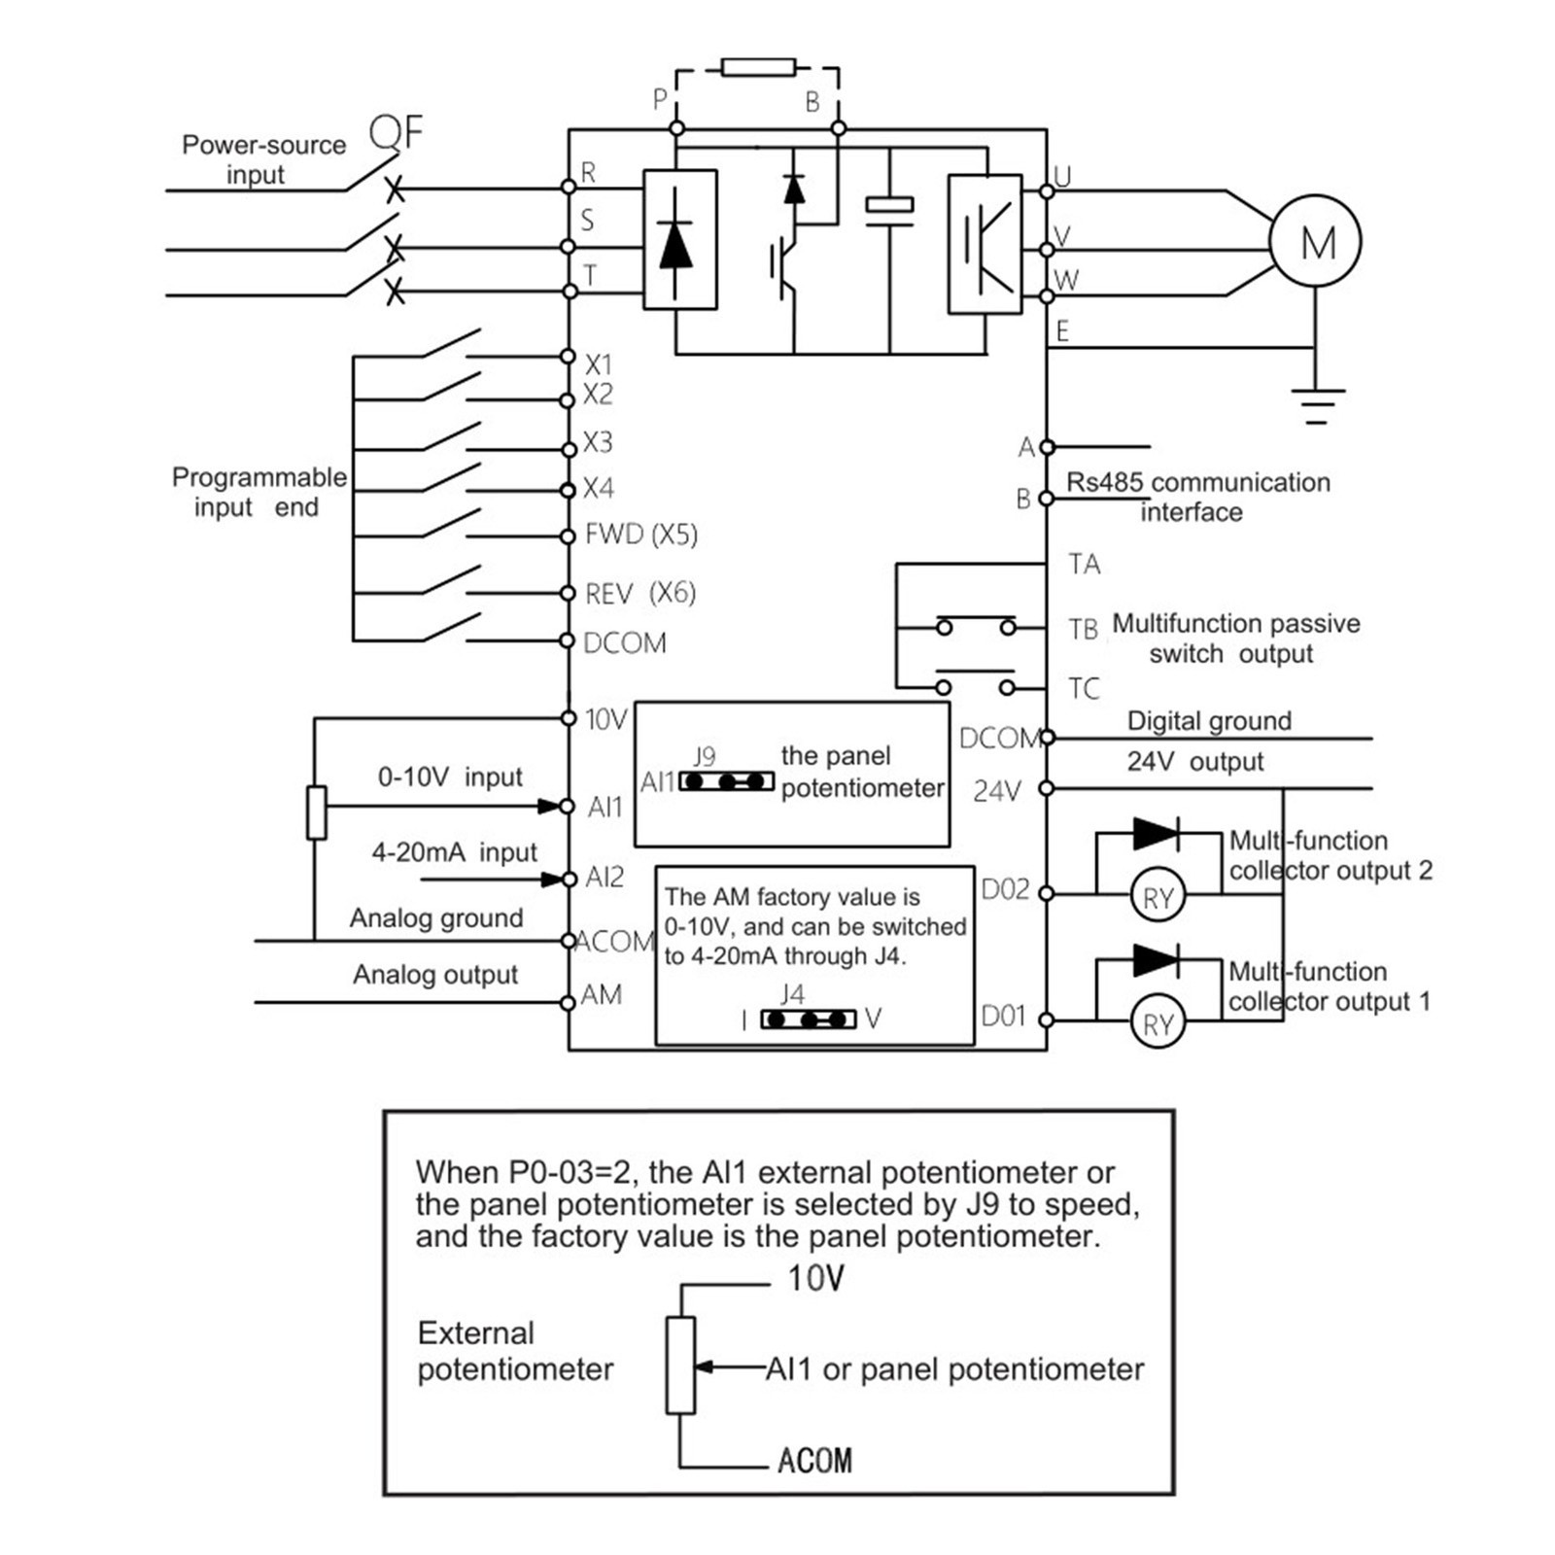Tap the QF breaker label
pyautogui.click(x=397, y=132)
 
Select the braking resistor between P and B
pyautogui.click(x=758, y=67)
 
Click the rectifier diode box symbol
pyautogui.click(x=680, y=240)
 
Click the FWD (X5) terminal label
pyautogui.click(x=641, y=535)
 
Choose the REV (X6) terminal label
pyautogui.click(x=640, y=593)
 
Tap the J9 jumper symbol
pyautogui.click(x=727, y=780)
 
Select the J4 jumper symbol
pyautogui.click(x=809, y=1019)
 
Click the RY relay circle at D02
pyautogui.click(x=1158, y=896)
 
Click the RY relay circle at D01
pyautogui.click(x=1158, y=1022)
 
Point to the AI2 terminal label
pyautogui.click(x=605, y=878)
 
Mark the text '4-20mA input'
pyautogui.click(x=454, y=852)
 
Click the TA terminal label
pyautogui.click(x=1085, y=565)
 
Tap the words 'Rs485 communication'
pyautogui.click(x=1198, y=482)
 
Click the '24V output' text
pyautogui.click(x=1195, y=762)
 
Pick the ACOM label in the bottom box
pyautogui.click(x=814, y=1461)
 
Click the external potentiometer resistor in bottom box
pyautogui.click(x=680, y=1365)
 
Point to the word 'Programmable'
pyautogui.click(x=259, y=477)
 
